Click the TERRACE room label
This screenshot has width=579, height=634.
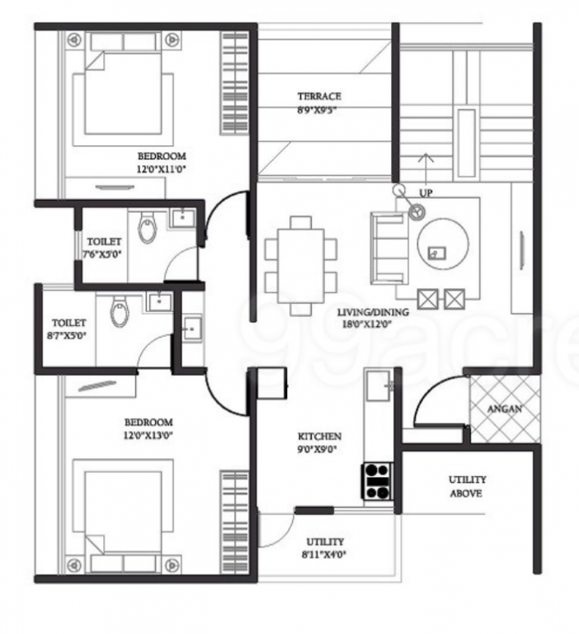(x=319, y=97)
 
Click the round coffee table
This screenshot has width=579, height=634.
(x=441, y=244)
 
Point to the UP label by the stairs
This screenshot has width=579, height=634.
(x=426, y=192)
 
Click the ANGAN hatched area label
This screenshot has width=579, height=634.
(x=503, y=409)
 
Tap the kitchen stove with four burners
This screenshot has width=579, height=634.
(x=377, y=480)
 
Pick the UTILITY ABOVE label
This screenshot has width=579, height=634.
(x=467, y=486)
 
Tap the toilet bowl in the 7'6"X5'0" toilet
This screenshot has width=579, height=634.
(x=148, y=229)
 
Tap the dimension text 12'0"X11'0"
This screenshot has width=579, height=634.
(x=162, y=168)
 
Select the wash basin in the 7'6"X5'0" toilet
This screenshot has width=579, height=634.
(x=180, y=217)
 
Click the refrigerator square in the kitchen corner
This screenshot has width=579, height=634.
(x=271, y=383)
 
